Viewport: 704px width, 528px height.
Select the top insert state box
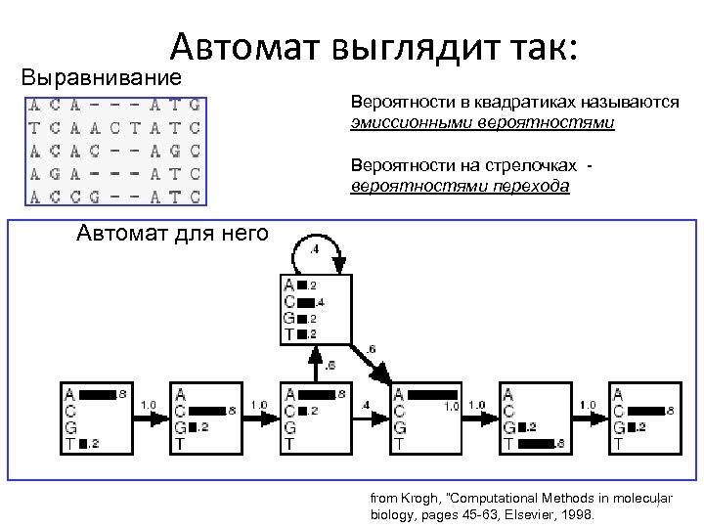314,309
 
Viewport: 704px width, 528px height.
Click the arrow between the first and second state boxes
149,418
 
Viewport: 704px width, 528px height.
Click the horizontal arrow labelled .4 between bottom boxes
368,418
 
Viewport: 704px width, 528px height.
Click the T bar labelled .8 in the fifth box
536,444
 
